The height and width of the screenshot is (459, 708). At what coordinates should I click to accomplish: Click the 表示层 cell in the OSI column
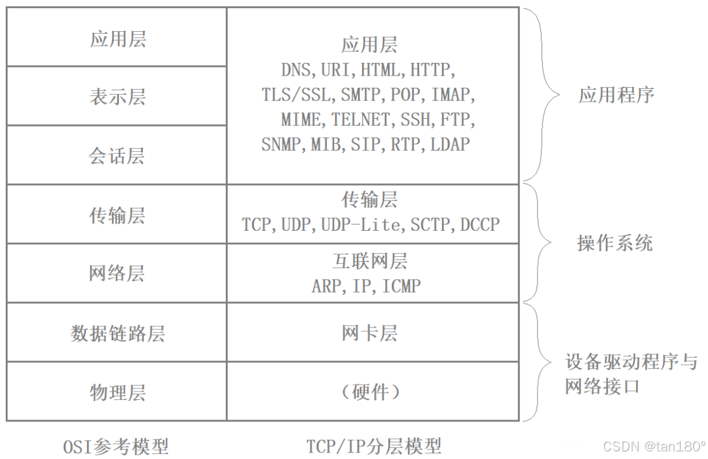click(118, 97)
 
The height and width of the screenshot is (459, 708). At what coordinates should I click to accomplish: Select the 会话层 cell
click(118, 155)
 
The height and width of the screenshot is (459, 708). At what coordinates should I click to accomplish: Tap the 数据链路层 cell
click(118, 333)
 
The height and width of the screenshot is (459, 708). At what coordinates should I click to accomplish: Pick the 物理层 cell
click(118, 392)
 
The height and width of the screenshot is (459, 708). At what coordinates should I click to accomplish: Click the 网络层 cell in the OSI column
click(118, 273)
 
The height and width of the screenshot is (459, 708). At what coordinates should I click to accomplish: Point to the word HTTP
click(432, 69)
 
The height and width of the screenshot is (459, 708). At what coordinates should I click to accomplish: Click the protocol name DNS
click(296, 69)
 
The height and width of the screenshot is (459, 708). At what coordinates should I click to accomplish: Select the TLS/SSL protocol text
click(296, 95)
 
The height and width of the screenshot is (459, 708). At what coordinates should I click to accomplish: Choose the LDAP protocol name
click(450, 144)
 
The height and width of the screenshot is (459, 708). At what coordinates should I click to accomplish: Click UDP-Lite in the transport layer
click(362, 224)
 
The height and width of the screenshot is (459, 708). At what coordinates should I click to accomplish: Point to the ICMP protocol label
click(401, 286)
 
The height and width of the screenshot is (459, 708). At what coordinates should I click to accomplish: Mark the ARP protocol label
click(326, 286)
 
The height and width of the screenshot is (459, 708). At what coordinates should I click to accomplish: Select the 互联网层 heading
click(370, 261)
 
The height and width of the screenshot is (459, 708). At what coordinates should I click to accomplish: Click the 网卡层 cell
click(370, 333)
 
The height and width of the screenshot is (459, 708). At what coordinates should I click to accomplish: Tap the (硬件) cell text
click(370, 392)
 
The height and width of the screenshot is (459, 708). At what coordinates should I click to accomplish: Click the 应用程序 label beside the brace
click(616, 95)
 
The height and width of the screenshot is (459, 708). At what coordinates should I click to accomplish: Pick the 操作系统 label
click(614, 243)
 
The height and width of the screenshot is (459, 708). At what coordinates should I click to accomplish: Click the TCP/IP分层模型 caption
click(374, 446)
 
